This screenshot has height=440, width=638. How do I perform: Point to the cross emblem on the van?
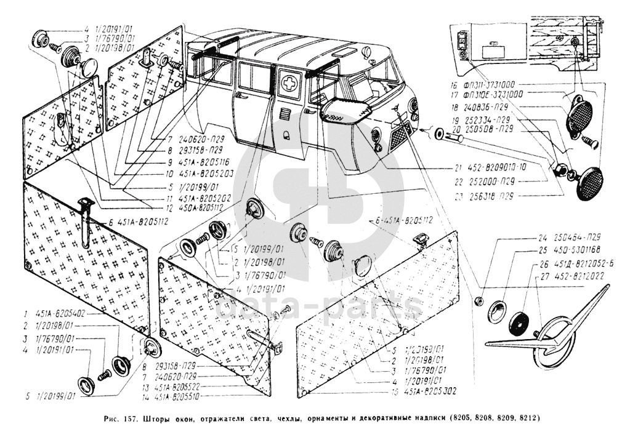point(289,82)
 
